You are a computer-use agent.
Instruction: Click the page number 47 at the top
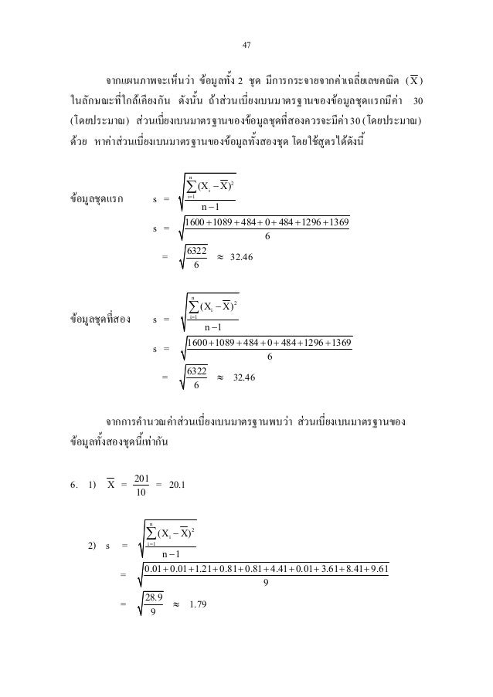(246, 46)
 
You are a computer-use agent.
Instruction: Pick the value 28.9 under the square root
(157, 596)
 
